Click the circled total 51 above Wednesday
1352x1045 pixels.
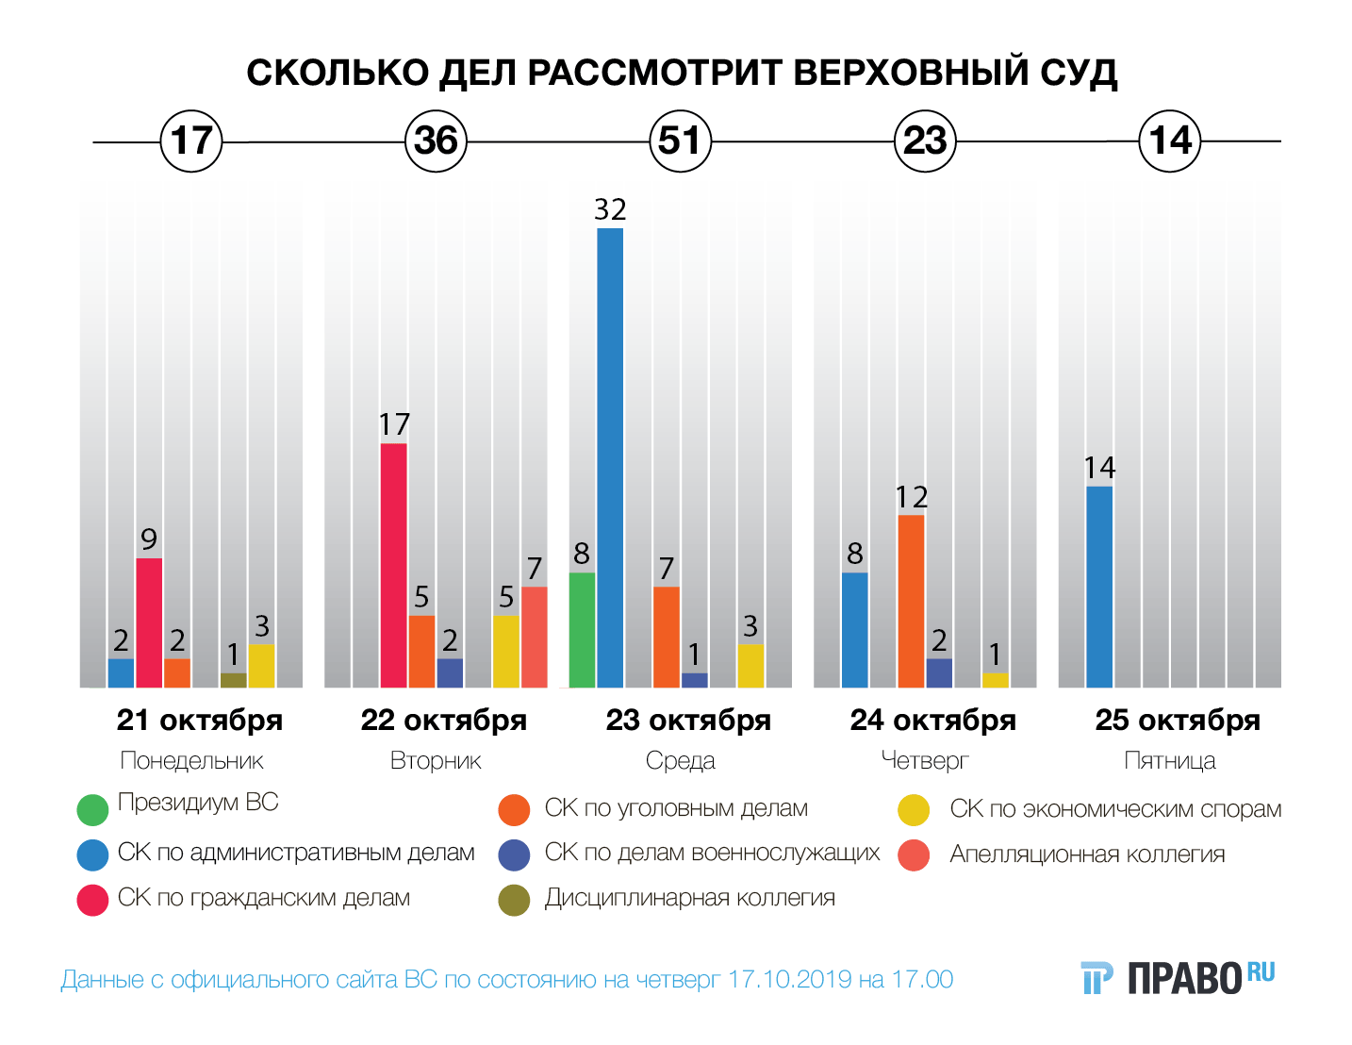[x=680, y=141]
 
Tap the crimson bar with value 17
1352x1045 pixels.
[x=394, y=565]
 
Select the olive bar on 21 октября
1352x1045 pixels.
[x=233, y=680]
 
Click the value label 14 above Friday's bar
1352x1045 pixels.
[x=1099, y=468]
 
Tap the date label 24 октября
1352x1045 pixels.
[x=932, y=721]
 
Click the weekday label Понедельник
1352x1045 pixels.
[x=191, y=761]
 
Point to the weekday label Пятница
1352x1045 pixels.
[x=1169, y=761]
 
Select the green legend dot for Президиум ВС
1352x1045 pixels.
[x=92, y=809]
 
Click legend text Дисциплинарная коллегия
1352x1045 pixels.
[x=689, y=898]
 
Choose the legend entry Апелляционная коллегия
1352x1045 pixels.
[x=1087, y=854]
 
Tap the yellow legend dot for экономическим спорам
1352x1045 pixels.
[x=914, y=810]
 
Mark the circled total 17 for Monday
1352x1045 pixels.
[x=191, y=141]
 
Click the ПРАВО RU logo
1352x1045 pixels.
[x=1179, y=978]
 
